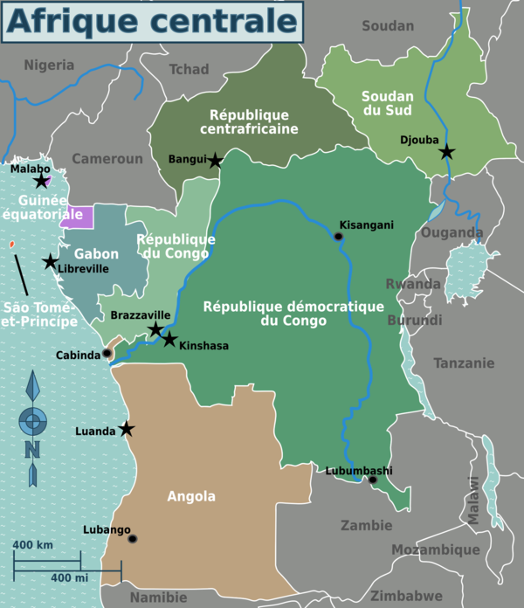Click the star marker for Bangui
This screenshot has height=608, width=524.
click(x=215, y=161)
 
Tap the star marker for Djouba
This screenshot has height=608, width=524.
click(x=447, y=152)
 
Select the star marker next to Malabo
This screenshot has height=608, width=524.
click(x=41, y=182)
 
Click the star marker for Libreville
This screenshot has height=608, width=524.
click(x=50, y=262)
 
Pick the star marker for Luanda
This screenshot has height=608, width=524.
click(x=127, y=429)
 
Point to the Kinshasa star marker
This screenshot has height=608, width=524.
click(x=169, y=339)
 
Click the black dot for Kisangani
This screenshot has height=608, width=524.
click(x=338, y=237)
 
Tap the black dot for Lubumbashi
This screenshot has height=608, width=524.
click(x=373, y=480)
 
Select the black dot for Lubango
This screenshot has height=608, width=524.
click(x=132, y=539)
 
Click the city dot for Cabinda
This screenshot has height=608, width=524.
click(x=107, y=354)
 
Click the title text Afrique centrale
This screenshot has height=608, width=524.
click(x=153, y=23)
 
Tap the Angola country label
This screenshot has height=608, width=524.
click(x=191, y=496)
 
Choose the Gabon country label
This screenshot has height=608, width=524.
click(x=96, y=254)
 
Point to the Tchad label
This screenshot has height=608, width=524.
click(x=189, y=69)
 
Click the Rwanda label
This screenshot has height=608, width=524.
click(x=413, y=284)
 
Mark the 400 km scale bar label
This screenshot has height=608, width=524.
click(x=32, y=545)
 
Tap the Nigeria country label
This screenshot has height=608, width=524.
click(x=50, y=65)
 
